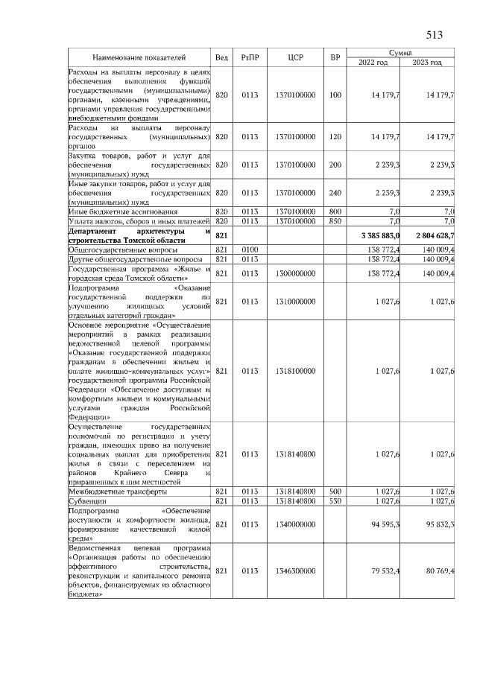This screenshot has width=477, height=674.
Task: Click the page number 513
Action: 435,34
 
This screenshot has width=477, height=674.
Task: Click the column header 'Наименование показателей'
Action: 139,57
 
